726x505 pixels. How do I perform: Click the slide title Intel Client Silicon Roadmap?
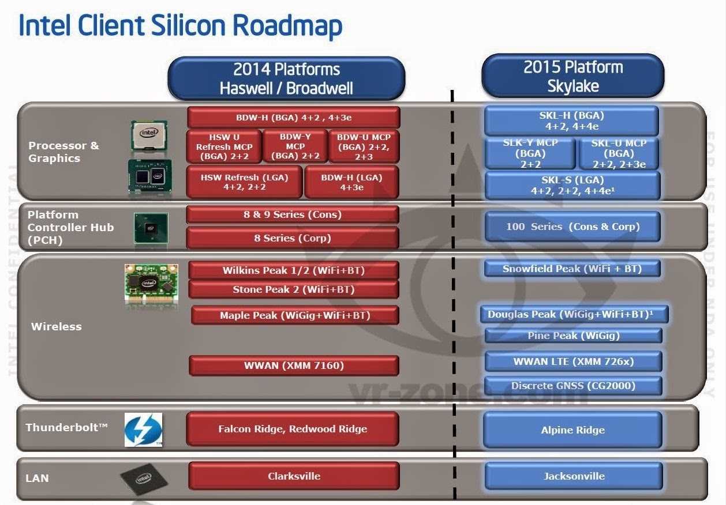pos(181,26)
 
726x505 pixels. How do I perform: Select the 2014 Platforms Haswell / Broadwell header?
pos(286,78)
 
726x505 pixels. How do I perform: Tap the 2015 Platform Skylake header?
pos(572,76)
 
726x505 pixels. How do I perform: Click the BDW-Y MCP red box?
pos(295,146)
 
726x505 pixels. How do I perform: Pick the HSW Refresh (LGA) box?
pos(244,183)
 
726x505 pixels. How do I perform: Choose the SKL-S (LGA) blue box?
pos(572,186)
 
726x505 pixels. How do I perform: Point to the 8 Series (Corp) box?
pos(293,238)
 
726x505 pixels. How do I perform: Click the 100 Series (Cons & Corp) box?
pos(572,227)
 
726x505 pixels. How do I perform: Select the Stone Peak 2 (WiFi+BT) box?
pos(293,289)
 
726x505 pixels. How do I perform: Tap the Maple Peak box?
pos(294,315)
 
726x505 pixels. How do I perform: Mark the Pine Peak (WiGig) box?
pos(572,336)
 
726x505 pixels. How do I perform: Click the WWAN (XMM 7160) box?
pos(293,365)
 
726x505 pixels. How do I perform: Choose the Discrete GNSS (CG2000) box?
pos(572,386)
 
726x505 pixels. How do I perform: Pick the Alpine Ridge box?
pos(572,430)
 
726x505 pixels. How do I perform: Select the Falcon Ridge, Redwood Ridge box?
pos(292,429)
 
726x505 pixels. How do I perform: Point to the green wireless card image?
pos(151,284)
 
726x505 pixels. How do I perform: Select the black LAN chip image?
pos(144,478)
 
